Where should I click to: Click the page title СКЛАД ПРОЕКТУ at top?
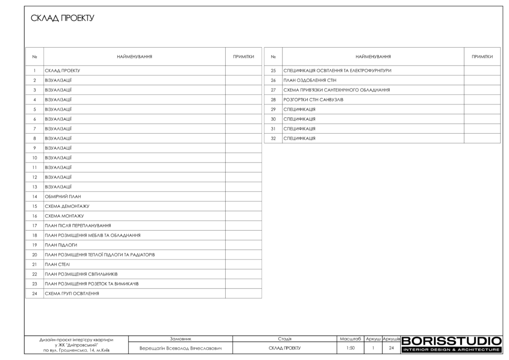pos(62,18)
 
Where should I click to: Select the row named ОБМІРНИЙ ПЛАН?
pos(63,196)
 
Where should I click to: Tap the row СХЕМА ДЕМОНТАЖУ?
pos(67,206)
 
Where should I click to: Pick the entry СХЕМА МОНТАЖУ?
pos(64,216)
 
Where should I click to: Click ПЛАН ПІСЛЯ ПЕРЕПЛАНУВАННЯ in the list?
pos(78,225)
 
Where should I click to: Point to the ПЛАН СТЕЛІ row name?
pos(58,264)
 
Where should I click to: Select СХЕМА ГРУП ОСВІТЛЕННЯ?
pos(72,293)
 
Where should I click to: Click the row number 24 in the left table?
pos(35,293)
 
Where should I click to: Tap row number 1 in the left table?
pos(35,71)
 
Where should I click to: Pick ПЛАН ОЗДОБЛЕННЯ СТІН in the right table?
pos(310,80)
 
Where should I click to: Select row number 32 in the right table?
pos(273,138)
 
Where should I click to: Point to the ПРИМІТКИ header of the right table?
pos(482,57)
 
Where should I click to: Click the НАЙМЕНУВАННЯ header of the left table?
pos(134,57)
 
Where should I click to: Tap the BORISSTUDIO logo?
pos(451,344)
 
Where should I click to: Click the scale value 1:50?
pos(350,348)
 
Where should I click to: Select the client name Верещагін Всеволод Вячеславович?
pos(180,348)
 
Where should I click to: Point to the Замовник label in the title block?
pos(180,338)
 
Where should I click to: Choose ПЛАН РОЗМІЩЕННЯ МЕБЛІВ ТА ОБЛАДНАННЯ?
pos(92,235)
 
